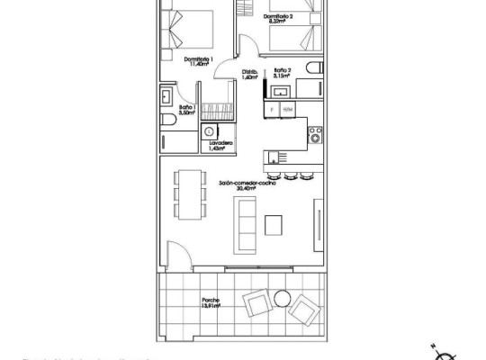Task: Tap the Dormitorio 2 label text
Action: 281,17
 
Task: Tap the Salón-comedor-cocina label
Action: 244,183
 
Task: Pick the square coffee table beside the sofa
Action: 275,224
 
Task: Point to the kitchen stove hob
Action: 315,136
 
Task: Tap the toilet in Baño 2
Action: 310,68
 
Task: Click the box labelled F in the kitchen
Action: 270,108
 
